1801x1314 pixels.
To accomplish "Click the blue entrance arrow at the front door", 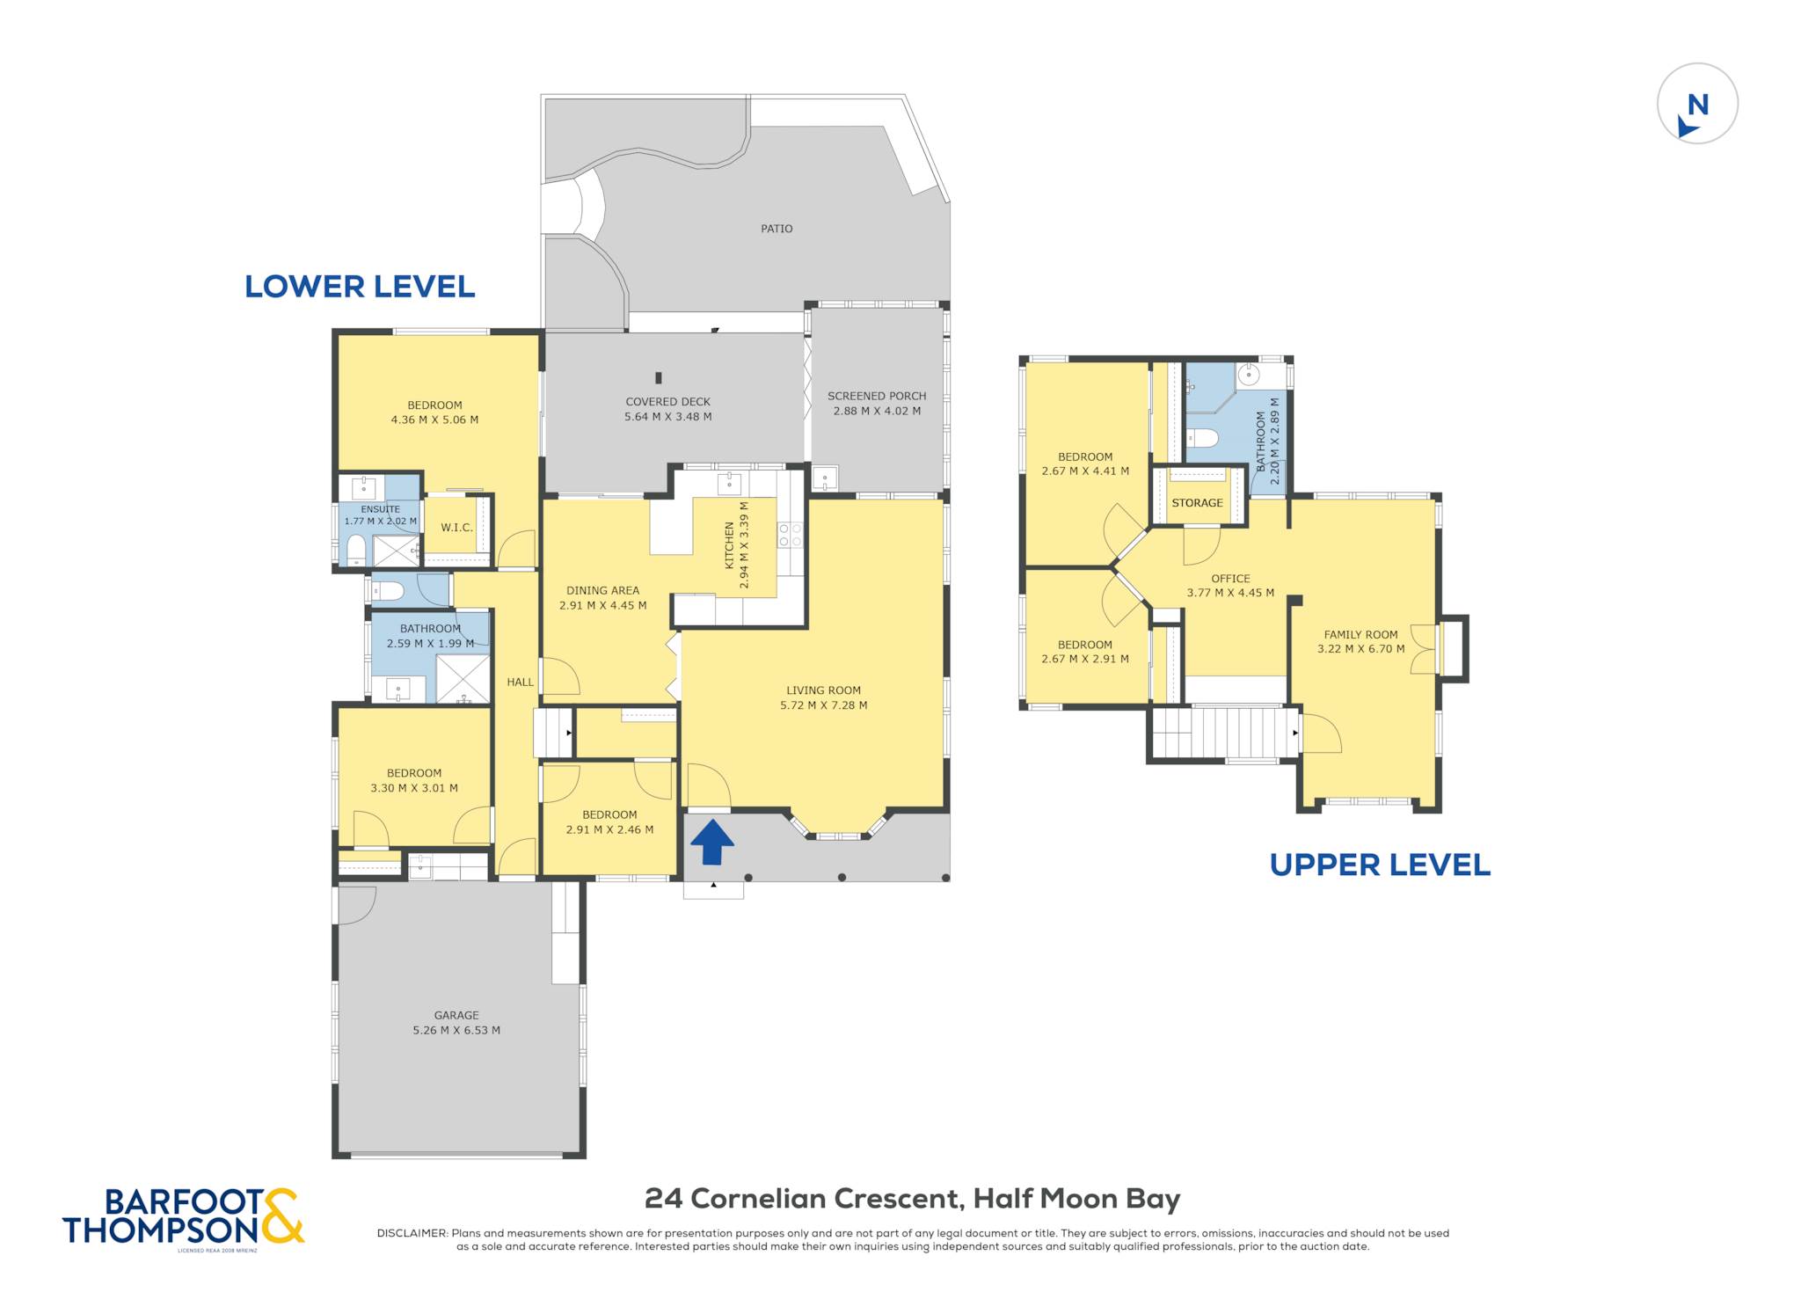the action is (711, 842).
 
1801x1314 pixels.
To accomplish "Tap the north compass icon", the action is (1697, 103).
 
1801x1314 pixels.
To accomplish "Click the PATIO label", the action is (777, 229).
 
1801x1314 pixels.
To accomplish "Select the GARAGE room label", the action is (456, 1015).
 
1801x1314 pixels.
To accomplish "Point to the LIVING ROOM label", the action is (824, 690).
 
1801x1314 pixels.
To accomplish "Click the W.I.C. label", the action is (457, 528).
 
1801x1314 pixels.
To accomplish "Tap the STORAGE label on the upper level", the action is (1197, 503).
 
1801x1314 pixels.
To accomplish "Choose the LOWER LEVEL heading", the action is (360, 287).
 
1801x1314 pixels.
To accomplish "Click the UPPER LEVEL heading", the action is (1380, 865).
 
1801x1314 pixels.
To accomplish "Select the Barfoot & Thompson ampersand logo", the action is (282, 1216).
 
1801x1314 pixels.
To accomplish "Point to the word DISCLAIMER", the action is (412, 1233).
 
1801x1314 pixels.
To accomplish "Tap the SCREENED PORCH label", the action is (877, 396).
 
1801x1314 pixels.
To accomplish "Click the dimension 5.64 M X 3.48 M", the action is (668, 417).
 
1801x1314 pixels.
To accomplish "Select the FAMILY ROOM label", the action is (1361, 634).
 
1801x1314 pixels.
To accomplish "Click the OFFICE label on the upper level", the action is (1230, 579).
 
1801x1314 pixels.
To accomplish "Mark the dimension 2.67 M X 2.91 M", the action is (1085, 659).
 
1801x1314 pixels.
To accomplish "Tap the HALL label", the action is (520, 682).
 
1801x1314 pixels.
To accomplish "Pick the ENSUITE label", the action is (380, 509).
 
